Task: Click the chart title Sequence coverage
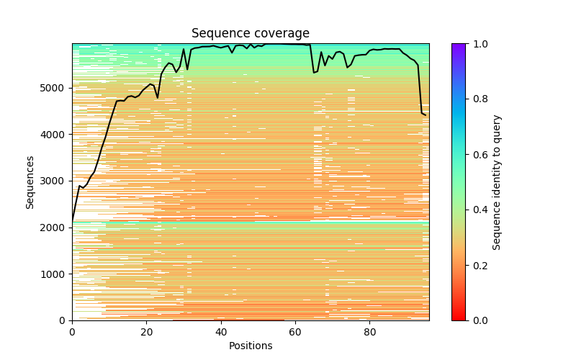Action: tap(250, 34)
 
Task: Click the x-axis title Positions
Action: tap(250, 346)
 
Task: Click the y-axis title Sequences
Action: tap(30, 182)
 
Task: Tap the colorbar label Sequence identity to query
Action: tap(497, 182)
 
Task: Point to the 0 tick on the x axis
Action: tap(72, 332)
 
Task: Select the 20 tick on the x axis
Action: tap(146, 332)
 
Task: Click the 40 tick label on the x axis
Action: tap(221, 332)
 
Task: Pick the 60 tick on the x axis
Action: tap(295, 332)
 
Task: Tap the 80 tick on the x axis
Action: tap(369, 332)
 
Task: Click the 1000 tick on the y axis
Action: tap(54, 274)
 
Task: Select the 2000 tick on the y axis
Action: tap(54, 228)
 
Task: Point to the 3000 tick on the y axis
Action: tap(54, 181)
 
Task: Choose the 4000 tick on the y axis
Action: tap(54, 135)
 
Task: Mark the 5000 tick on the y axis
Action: tap(54, 88)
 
